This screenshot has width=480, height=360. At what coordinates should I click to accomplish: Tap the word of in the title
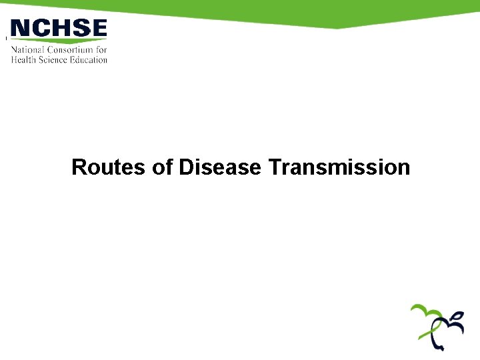[162, 167]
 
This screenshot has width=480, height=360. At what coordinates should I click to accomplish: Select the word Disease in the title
[219, 167]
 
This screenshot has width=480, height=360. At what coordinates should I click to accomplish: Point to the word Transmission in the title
[339, 167]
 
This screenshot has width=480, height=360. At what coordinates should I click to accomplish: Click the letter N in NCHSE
[21, 29]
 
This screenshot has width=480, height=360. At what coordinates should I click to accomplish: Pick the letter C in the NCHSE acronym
[40, 29]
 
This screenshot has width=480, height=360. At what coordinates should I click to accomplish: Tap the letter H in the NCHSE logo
[60, 29]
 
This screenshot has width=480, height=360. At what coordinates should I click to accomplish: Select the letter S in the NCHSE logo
[80, 29]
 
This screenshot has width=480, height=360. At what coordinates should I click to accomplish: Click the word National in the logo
[27, 50]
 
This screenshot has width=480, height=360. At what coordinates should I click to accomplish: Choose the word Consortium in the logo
[69, 50]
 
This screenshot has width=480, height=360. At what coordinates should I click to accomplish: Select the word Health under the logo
[22, 59]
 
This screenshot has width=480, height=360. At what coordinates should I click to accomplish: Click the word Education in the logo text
[89, 59]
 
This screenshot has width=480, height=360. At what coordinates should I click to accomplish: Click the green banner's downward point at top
[337, 28]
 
